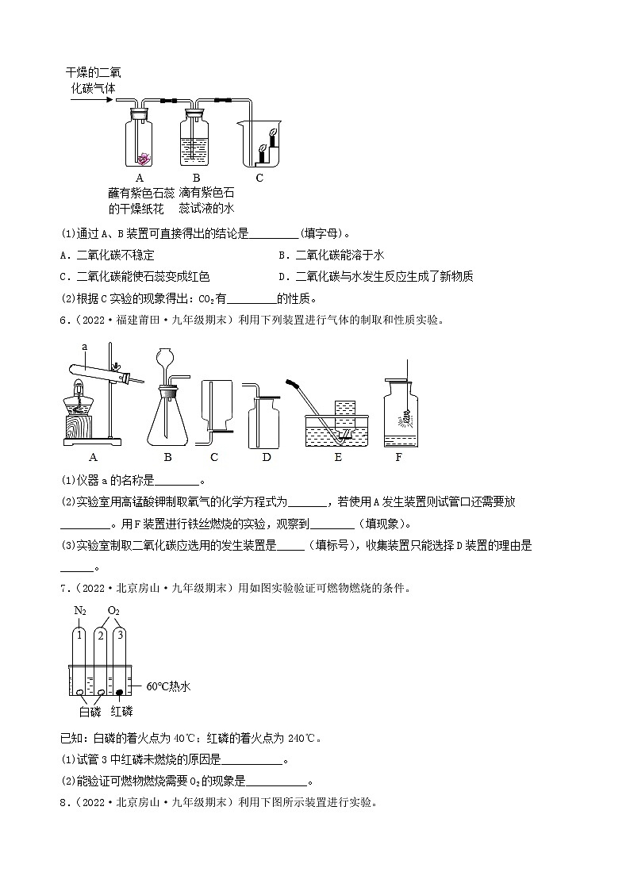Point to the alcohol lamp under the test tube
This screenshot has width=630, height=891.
pos(78,397)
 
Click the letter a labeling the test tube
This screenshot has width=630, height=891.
pos(84,346)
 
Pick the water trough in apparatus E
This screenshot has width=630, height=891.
pos(339,429)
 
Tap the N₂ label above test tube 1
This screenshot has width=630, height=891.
pos(79,610)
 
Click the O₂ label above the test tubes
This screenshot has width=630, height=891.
pos(113,610)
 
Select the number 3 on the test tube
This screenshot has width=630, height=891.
pos(119,636)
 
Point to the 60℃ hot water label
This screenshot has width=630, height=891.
pos(169,686)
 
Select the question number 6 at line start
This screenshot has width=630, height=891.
pos(64,320)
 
